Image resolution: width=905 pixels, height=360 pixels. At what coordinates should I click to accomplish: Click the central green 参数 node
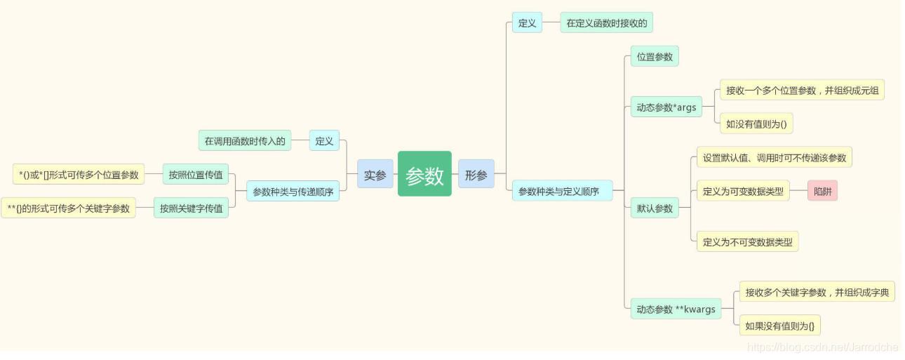(424, 174)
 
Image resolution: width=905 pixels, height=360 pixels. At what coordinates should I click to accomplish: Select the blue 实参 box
(375, 174)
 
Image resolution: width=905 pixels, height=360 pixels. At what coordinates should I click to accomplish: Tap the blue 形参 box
(476, 174)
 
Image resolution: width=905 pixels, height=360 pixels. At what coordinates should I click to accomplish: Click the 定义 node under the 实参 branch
(324, 140)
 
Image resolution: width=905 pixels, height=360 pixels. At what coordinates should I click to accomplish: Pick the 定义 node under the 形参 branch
(527, 22)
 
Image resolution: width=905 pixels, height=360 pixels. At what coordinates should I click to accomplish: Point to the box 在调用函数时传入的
(245, 140)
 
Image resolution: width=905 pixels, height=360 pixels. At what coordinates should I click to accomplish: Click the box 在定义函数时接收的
(606, 22)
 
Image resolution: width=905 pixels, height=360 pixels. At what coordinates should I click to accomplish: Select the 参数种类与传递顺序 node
(293, 191)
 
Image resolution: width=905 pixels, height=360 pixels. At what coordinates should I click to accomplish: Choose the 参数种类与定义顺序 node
(561, 191)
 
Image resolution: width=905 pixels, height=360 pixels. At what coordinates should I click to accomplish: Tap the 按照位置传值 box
(196, 174)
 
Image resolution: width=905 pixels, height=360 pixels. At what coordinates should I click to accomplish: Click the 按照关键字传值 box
(191, 208)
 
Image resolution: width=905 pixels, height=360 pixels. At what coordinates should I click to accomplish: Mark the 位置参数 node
(655, 57)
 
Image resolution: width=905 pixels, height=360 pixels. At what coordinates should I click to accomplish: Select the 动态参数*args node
(666, 107)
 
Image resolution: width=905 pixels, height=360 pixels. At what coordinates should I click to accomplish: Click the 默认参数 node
(655, 208)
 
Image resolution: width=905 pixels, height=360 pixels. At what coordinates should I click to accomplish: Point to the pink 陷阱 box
(822, 191)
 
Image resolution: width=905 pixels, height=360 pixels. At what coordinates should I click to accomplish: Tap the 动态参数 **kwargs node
(676, 309)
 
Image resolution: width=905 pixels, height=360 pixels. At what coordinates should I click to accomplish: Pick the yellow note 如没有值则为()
(756, 124)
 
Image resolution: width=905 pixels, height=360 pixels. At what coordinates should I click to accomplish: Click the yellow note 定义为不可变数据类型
(747, 241)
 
